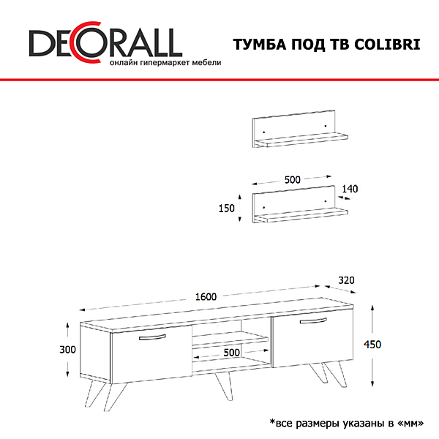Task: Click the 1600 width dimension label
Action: (x=206, y=296)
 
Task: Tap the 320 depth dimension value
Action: (x=346, y=280)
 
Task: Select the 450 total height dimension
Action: (x=372, y=345)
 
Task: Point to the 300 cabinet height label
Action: (x=67, y=350)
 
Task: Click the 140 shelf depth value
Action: (x=350, y=189)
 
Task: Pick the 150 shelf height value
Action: (x=227, y=209)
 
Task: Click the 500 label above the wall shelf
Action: (x=292, y=180)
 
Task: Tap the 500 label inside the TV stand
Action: (x=231, y=353)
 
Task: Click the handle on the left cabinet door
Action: (x=152, y=337)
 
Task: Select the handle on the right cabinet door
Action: (x=313, y=320)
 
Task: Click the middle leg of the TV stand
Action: (x=224, y=386)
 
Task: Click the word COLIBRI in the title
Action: (x=387, y=45)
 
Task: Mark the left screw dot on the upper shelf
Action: (x=264, y=132)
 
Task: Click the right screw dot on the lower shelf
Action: (x=326, y=201)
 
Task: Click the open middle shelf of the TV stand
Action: (x=230, y=339)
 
